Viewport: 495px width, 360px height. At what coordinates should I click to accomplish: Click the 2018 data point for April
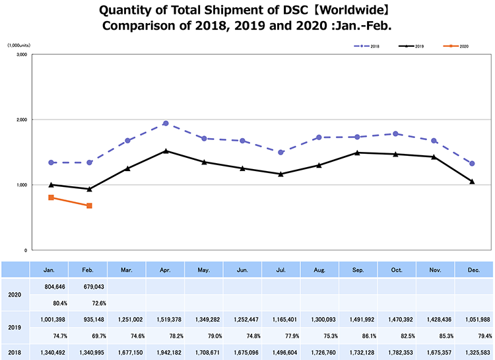[x=166, y=124]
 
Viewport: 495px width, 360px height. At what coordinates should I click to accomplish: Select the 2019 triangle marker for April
[x=166, y=151]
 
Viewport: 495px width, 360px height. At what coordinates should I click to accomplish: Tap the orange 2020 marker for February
[x=89, y=205]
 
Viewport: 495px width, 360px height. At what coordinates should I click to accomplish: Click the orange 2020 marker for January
[x=51, y=198]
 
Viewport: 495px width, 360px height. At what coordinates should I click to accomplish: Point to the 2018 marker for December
[x=472, y=163]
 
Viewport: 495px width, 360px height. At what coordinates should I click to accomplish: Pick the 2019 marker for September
[x=357, y=153]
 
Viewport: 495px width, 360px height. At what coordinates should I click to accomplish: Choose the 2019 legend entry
[x=412, y=46]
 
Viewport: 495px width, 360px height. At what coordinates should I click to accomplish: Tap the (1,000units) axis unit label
[x=20, y=45]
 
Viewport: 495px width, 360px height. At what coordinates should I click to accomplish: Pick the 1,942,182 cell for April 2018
[x=165, y=351]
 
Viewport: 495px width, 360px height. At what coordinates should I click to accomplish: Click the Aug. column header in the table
[x=319, y=270]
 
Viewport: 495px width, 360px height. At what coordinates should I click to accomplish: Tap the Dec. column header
[x=473, y=270]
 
